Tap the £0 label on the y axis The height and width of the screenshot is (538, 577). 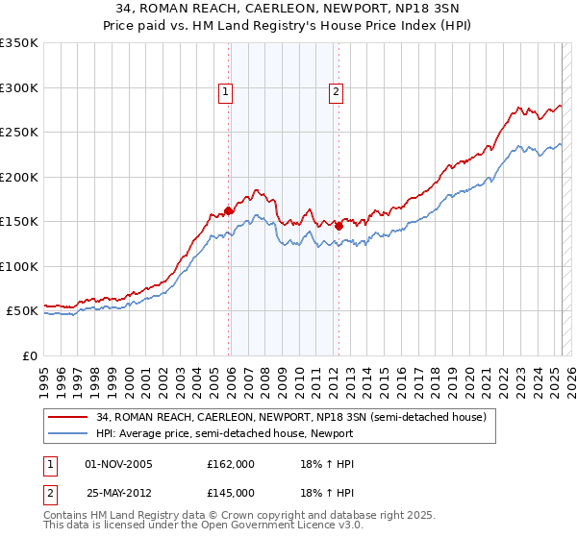pos(30,355)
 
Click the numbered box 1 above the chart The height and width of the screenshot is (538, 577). pos(225,93)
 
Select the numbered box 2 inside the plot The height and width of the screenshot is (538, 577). pos(336,93)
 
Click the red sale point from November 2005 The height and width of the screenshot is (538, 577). pos(229,210)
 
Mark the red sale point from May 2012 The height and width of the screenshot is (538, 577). pos(339,226)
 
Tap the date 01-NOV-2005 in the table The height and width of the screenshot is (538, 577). pos(119,464)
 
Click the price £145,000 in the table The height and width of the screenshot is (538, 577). pos(230,492)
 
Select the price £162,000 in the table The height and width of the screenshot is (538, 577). pos(230,464)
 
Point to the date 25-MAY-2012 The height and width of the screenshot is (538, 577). pos(119,492)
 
